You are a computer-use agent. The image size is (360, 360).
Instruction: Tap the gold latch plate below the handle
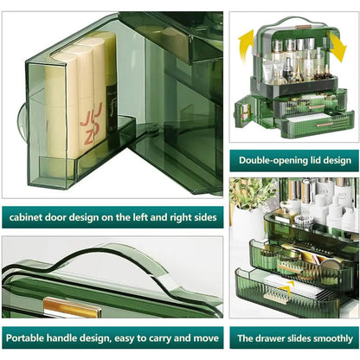[x=73, y=308]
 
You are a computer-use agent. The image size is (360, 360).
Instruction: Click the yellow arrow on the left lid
[x=245, y=46]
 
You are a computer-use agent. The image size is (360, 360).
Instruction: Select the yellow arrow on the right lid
[x=337, y=47]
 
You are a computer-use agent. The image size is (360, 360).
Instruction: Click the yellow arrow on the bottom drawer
[x=288, y=287]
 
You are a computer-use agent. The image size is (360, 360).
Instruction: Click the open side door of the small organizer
[x=241, y=115]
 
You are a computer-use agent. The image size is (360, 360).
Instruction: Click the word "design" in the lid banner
[x=337, y=160]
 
